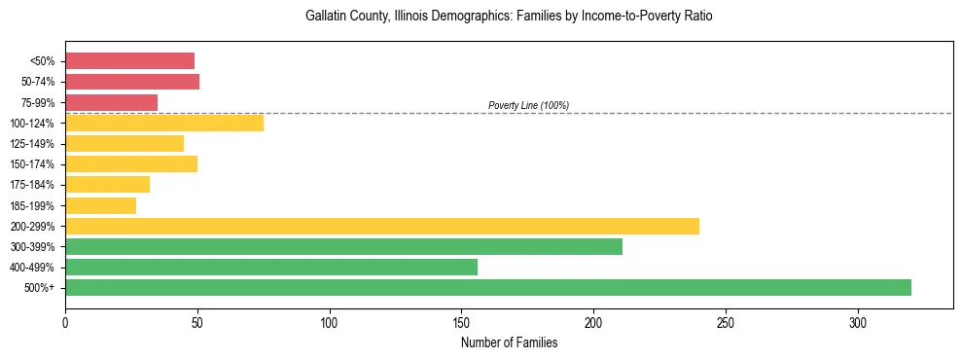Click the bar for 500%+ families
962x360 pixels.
pyautogui.click(x=487, y=287)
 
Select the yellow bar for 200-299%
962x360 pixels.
pyautogui.click(x=381, y=226)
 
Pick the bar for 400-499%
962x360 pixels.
pyautogui.click(x=270, y=267)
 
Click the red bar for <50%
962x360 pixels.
pyautogui.click(x=129, y=60)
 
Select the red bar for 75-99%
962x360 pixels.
pyautogui.click(x=111, y=102)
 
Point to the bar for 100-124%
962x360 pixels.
pyautogui.click(x=163, y=123)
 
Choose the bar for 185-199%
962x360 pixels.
pyautogui.click(x=100, y=205)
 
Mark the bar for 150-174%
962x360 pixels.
pyautogui.click(x=130, y=163)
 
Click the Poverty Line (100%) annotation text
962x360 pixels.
pyautogui.click(x=528, y=105)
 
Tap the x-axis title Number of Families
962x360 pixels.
pyautogui.click(x=509, y=342)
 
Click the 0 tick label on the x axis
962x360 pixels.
pyautogui.click(x=65, y=322)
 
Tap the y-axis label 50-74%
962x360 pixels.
pyautogui.click(x=38, y=82)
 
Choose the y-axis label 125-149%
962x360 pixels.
pyautogui.click(x=34, y=144)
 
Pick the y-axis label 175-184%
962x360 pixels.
pyautogui.click(x=34, y=185)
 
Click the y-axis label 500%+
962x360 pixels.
pyautogui.click(x=40, y=288)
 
